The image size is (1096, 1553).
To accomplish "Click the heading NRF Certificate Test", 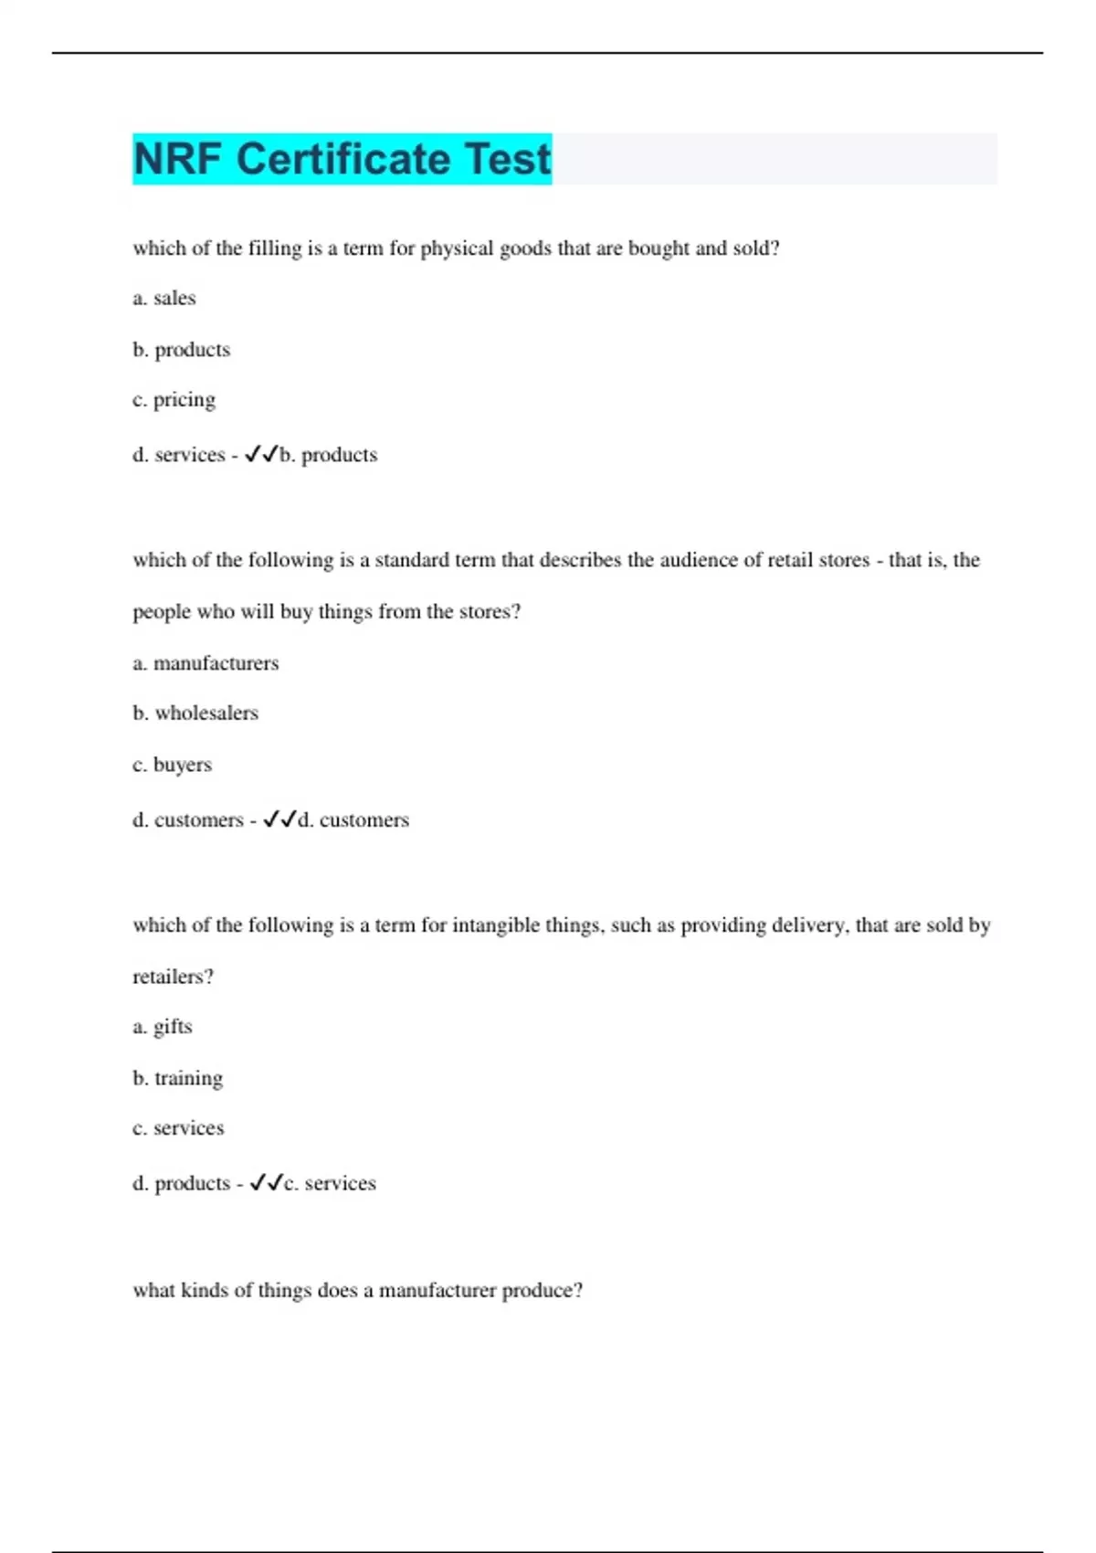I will click(x=342, y=159).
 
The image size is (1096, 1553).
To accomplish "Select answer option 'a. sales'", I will click(x=164, y=298).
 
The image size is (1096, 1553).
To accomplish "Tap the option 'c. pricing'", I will click(x=174, y=400).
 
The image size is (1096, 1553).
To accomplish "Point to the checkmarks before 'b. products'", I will click(x=261, y=454).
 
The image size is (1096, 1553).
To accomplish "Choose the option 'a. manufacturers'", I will click(x=205, y=663).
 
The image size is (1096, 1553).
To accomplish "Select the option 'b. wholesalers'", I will click(x=195, y=713).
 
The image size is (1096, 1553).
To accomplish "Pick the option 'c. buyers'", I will click(x=172, y=765).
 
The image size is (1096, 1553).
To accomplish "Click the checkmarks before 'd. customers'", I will click(x=279, y=819).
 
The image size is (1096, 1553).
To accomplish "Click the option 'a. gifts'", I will click(x=163, y=1027).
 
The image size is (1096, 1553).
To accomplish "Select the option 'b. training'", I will click(x=178, y=1078).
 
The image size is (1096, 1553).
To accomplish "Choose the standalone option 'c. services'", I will click(x=178, y=1128).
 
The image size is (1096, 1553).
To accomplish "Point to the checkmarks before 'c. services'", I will click(x=266, y=1183).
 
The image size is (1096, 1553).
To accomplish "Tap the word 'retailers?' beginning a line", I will click(x=174, y=977).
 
